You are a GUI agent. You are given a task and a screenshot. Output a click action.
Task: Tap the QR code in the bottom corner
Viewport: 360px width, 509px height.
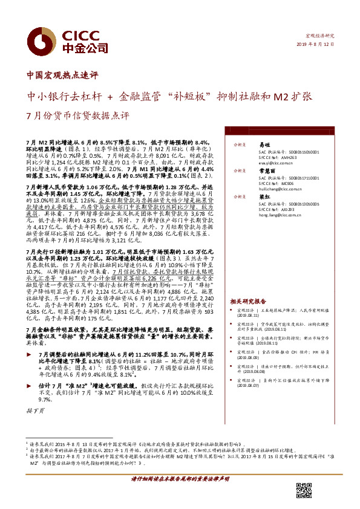(x=303, y=491)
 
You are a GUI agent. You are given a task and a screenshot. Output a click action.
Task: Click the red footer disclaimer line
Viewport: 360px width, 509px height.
(x=180, y=478)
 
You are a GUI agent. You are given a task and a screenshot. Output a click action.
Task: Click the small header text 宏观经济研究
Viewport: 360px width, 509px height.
(x=321, y=36)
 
